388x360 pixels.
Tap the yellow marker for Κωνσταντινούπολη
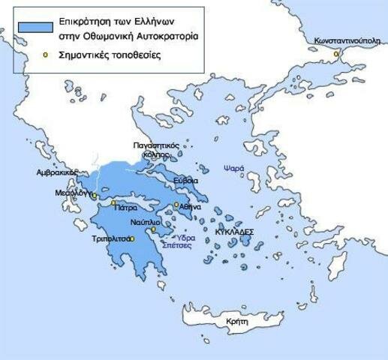pos(337,54)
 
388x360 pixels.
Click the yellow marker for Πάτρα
pos(113,202)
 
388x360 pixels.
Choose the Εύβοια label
pos(185,181)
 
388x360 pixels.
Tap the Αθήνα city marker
pos(176,205)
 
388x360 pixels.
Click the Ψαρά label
pos(233,169)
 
